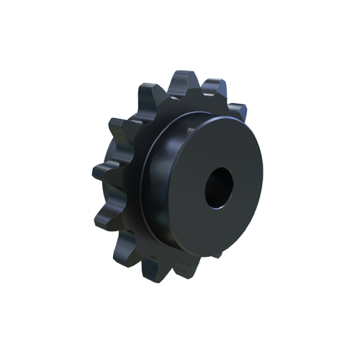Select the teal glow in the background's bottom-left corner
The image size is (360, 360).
pos(101,274)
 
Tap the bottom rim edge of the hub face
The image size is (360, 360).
pos(216,256)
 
